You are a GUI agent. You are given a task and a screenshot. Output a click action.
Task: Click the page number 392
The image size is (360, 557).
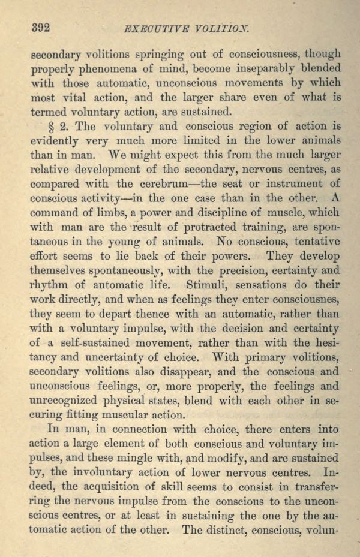coord(39,28)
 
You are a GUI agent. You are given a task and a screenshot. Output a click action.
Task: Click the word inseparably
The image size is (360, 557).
coord(256,68)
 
